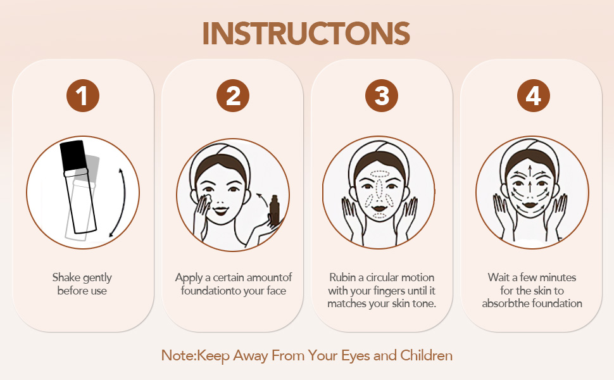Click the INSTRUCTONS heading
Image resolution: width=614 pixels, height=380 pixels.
coord(306,34)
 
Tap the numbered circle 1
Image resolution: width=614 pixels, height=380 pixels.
coord(83,96)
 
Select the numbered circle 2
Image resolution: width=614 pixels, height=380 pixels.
coord(233,96)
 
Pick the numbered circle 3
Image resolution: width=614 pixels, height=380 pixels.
coord(382,96)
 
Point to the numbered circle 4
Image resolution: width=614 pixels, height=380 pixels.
coord(534,96)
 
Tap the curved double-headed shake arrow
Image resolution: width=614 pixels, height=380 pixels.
coord(122,202)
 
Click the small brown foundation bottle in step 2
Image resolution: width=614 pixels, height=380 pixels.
coord(274,211)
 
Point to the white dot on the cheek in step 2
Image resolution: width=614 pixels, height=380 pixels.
coord(207,198)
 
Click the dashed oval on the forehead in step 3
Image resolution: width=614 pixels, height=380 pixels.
coord(380,174)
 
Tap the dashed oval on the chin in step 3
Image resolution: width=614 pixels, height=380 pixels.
coord(379,216)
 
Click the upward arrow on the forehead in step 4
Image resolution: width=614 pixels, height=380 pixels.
coord(530,172)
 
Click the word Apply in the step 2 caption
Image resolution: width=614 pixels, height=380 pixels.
coord(189,278)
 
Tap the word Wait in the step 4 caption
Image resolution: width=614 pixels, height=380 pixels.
coord(499,277)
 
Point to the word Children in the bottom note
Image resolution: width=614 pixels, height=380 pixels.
coord(427,355)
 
